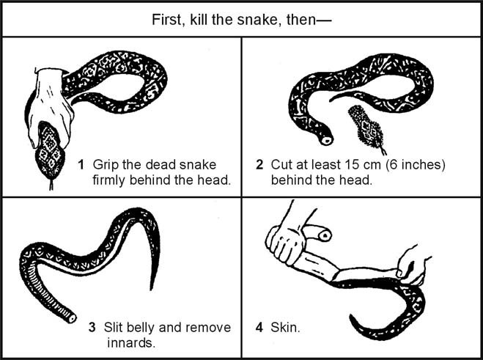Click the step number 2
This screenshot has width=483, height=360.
pyautogui.click(x=259, y=163)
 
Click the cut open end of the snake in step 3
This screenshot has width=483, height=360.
pyautogui.click(x=70, y=320)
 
